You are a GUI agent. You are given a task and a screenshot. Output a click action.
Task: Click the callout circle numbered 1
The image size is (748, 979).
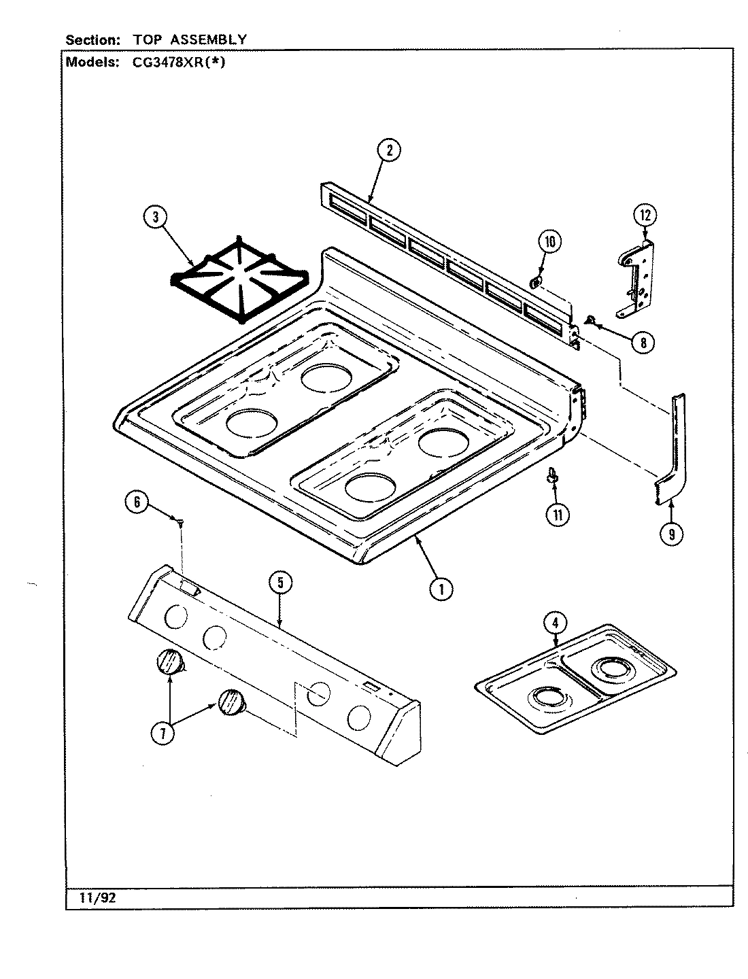[x=441, y=589]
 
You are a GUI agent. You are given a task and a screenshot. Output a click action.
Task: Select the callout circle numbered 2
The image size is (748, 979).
[x=389, y=151]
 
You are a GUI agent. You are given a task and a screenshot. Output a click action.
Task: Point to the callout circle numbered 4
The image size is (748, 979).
[x=556, y=621]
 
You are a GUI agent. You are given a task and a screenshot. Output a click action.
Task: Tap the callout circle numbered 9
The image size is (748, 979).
[x=671, y=534]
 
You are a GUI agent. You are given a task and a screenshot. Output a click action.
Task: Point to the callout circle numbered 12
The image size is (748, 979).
[x=645, y=216]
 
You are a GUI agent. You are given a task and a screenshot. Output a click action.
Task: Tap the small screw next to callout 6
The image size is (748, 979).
[x=180, y=522]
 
